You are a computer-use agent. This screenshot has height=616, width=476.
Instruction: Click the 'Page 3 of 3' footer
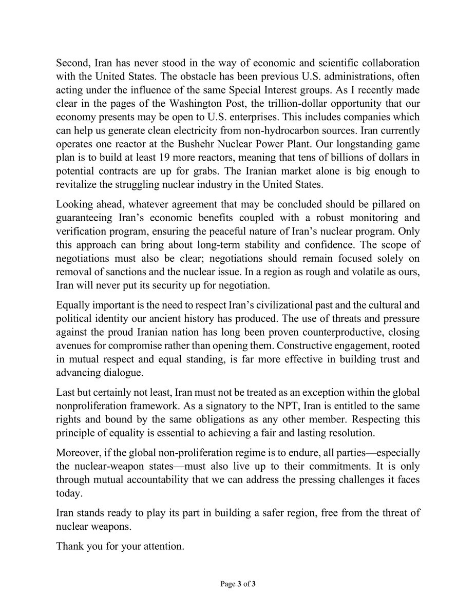pyautogui.click(x=238, y=584)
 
